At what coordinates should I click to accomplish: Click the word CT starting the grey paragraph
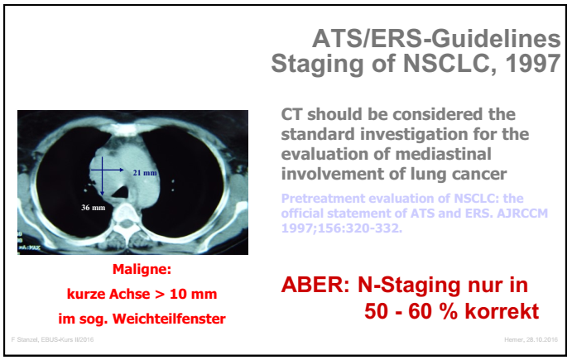[x=295, y=114]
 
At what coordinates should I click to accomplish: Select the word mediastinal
[x=448, y=154]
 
